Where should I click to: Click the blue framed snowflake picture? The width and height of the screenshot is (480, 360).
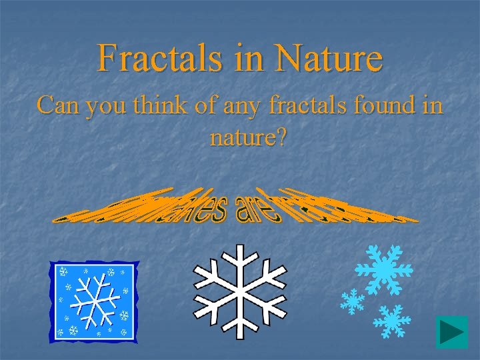point(95,301)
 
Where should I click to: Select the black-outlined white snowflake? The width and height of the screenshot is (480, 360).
point(239,288)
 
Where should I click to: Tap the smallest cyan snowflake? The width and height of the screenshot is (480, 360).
point(351,301)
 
